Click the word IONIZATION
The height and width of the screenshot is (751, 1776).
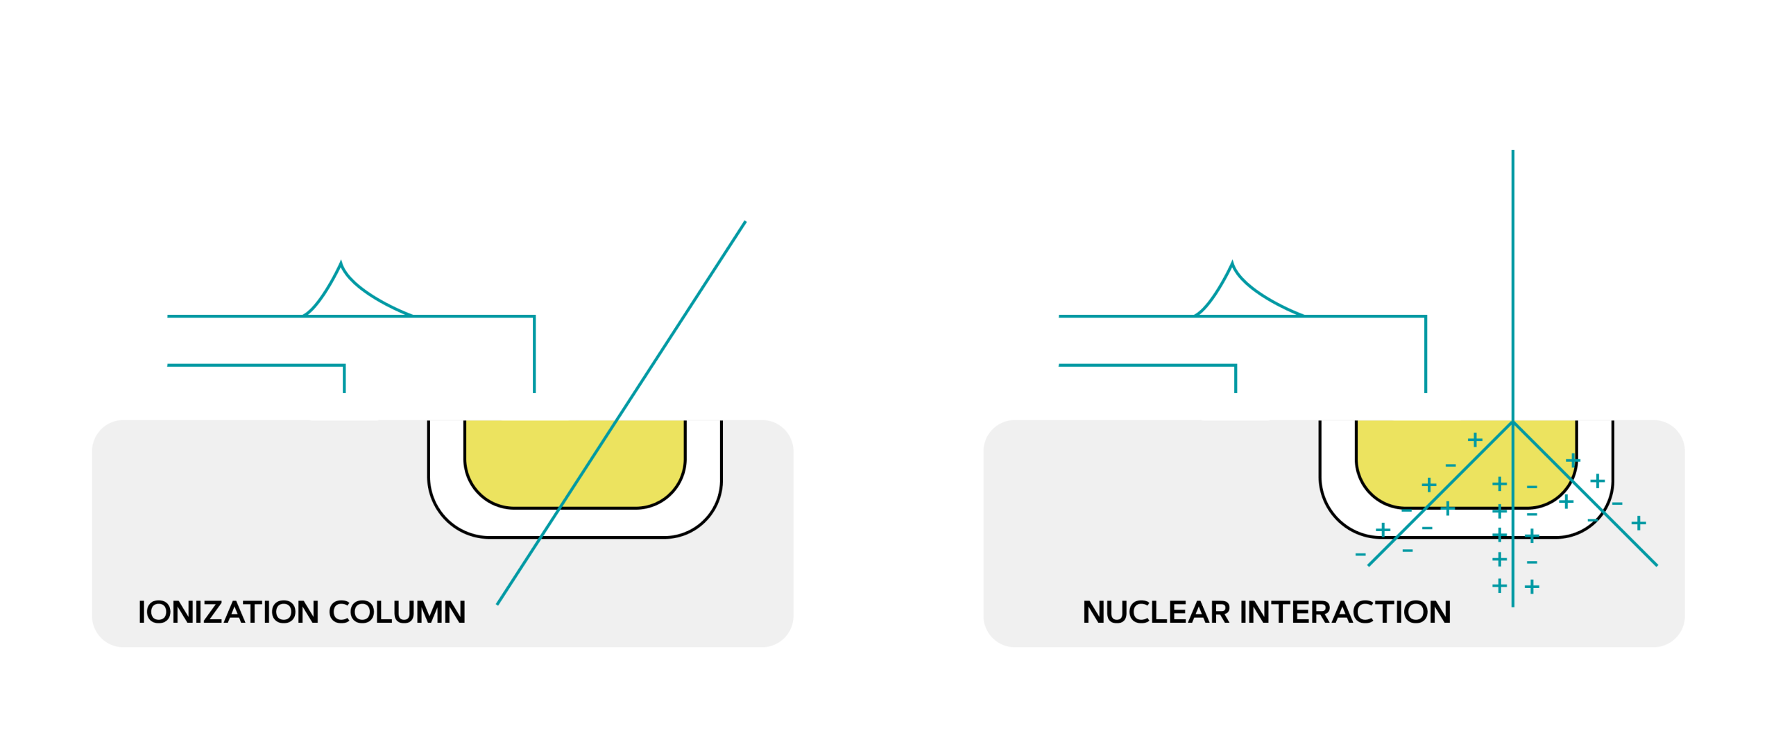[x=227, y=612]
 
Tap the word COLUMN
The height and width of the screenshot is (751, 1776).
[x=397, y=612]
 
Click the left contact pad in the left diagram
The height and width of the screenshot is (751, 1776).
[x=344, y=406]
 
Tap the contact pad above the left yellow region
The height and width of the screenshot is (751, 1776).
[x=535, y=406]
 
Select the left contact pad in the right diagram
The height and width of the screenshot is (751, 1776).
[x=1236, y=406]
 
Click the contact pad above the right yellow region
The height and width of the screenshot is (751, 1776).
[x=1426, y=406]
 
